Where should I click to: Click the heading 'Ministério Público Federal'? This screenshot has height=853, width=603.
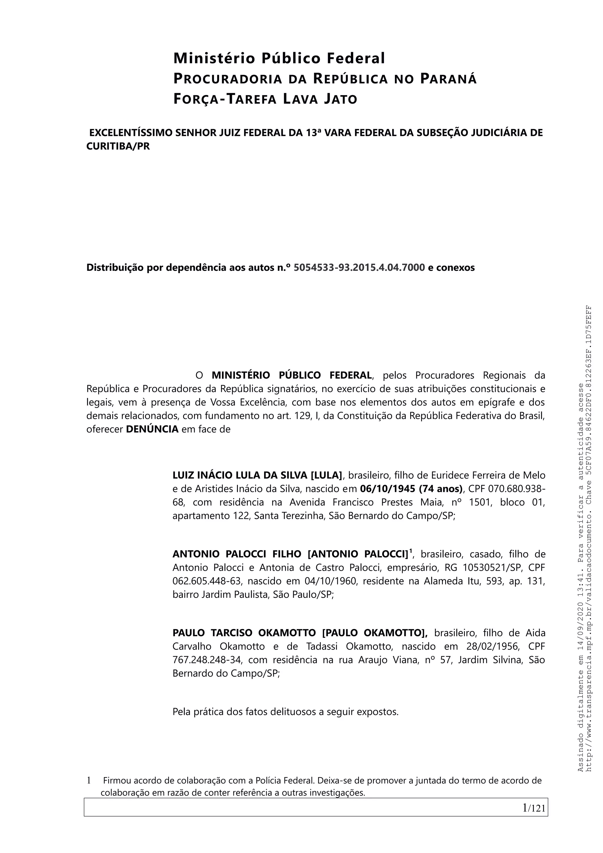tap(279, 58)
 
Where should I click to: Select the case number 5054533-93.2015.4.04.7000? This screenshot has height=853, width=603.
tap(359, 268)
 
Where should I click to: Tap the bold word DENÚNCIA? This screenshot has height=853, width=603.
tap(152, 429)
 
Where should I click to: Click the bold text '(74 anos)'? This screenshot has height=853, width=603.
tap(441, 489)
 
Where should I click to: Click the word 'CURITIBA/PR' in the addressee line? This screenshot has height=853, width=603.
tap(118, 146)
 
